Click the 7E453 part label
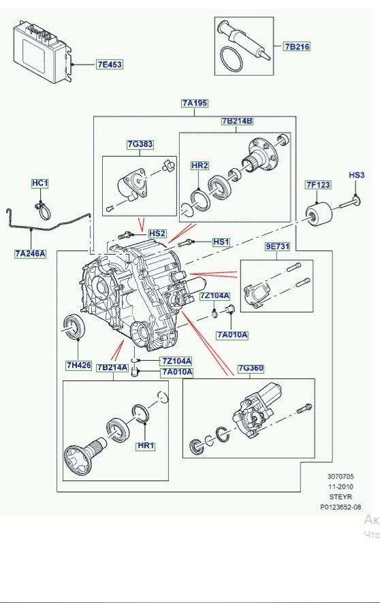(108, 65)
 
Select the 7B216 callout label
(297, 47)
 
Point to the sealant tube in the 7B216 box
(245, 40)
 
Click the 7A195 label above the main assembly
(195, 103)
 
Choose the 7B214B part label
(236, 121)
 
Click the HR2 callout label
(199, 165)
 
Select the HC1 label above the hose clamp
(40, 184)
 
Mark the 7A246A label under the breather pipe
(30, 254)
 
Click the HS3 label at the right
(357, 176)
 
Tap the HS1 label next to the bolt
(221, 242)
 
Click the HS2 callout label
(157, 233)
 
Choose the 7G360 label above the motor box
(251, 368)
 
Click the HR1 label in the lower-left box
(146, 446)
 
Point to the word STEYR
(341, 497)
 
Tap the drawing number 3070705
(341, 477)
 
